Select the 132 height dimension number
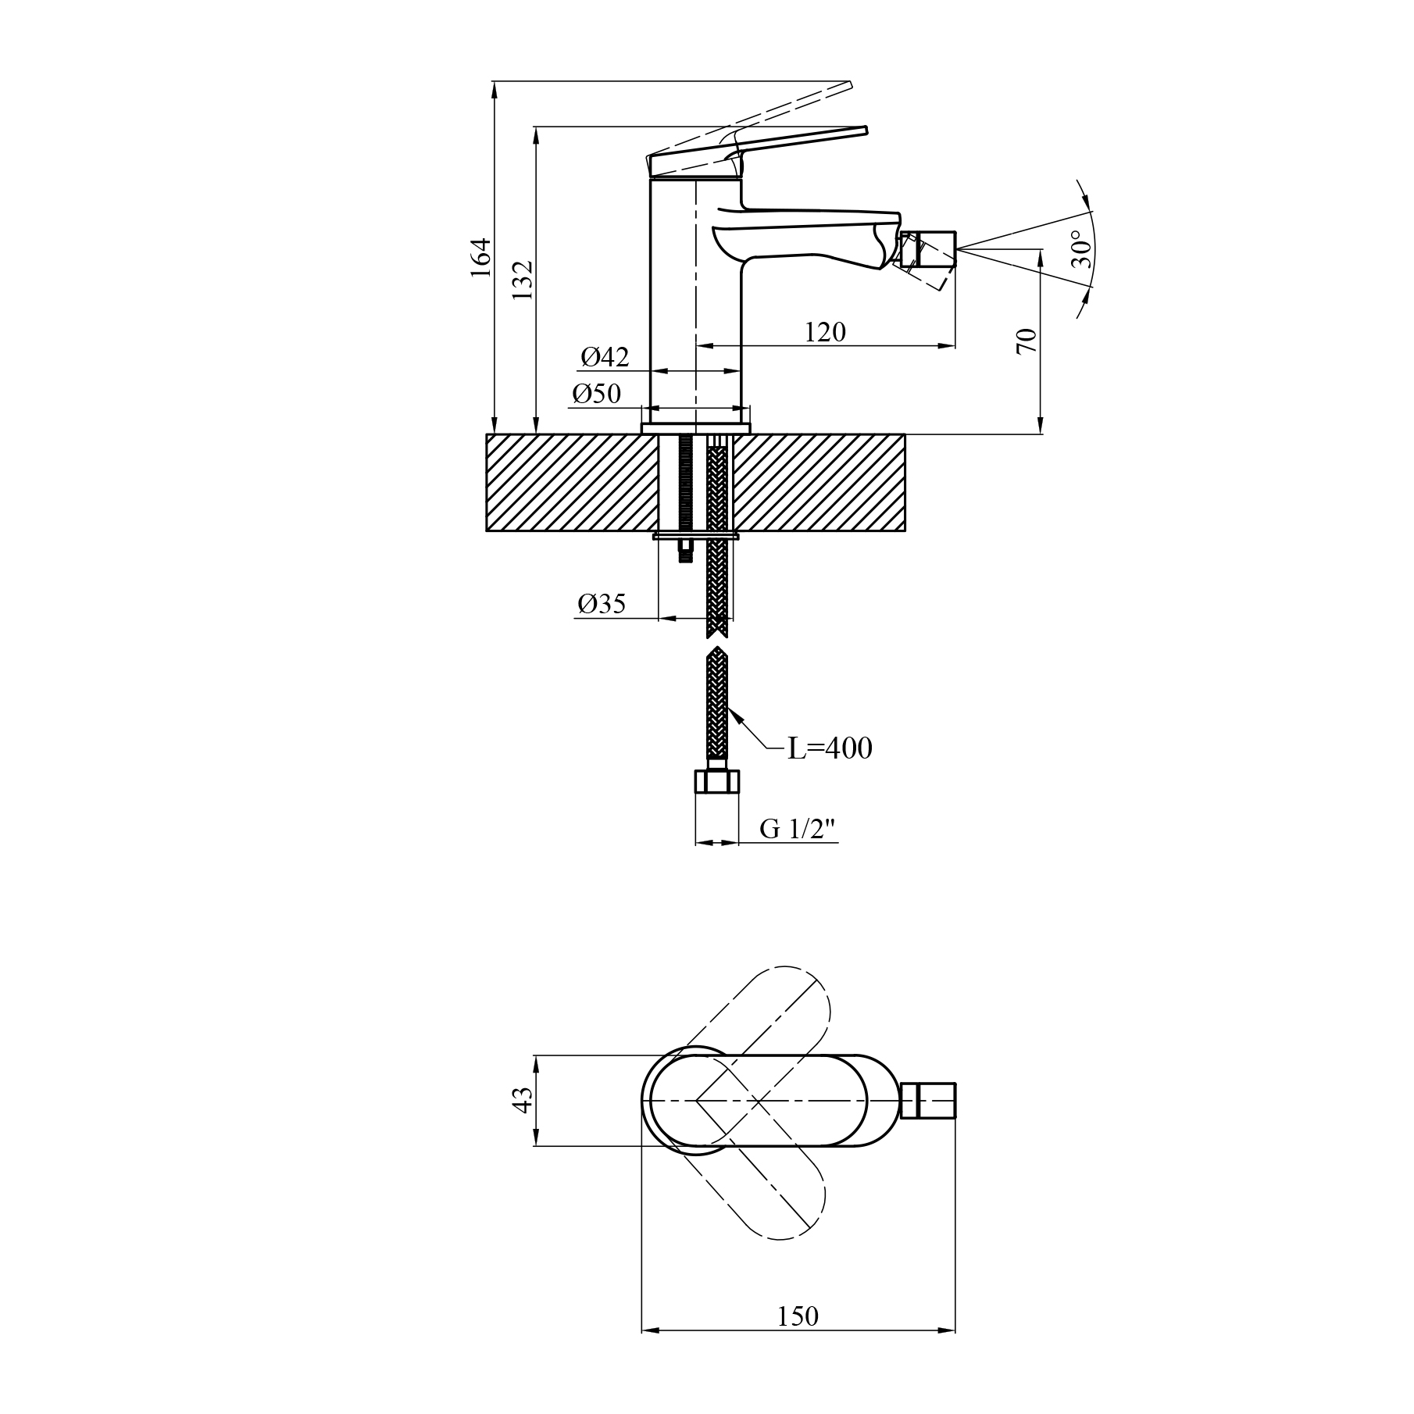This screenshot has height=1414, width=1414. tap(522, 280)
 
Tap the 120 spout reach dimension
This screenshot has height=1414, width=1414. tap(825, 332)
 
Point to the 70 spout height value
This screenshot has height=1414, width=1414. tap(1027, 341)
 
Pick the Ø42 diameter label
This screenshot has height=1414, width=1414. tap(605, 358)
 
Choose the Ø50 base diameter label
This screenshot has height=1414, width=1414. tap(596, 394)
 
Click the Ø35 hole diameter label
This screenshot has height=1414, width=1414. tap(602, 604)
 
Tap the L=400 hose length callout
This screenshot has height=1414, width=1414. tap(829, 748)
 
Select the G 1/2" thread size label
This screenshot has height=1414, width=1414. tap(798, 830)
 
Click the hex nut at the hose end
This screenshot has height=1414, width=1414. tap(716, 781)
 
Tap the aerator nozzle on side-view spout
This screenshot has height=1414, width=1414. tap(928, 250)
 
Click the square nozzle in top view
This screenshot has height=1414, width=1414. tap(929, 1101)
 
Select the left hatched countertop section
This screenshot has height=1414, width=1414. tap(570, 483)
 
